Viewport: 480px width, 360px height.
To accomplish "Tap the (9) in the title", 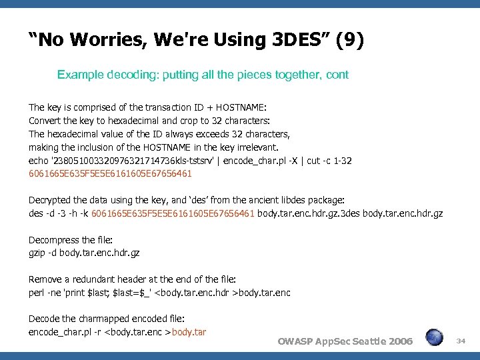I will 350,40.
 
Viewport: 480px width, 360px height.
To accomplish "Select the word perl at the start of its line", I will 36,293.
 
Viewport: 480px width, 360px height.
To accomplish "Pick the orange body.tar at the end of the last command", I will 189,332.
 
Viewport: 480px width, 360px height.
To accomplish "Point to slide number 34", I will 460,341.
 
